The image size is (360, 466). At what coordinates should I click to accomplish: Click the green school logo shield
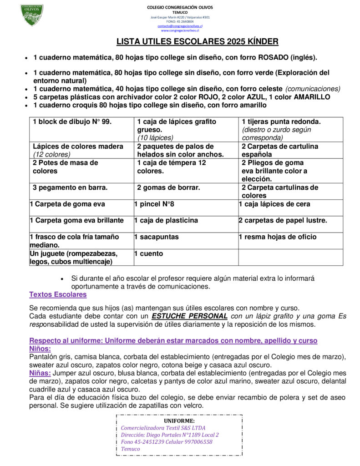pyautogui.click(x=32, y=15)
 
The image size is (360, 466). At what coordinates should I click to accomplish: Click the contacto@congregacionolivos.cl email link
pyautogui.click(x=180, y=26)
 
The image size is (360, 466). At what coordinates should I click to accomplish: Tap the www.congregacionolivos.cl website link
pyautogui.click(x=180, y=30)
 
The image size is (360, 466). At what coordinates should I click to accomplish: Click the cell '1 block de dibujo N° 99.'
pyautogui.click(x=72, y=122)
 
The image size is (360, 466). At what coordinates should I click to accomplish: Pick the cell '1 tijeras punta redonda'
pyautogui.click(x=281, y=122)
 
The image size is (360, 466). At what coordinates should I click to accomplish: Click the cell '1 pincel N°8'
pyautogui.click(x=154, y=204)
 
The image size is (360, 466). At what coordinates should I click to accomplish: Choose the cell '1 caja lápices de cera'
pyautogui.click(x=274, y=204)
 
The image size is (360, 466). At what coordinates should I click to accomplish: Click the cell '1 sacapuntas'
pyautogui.click(x=157, y=237)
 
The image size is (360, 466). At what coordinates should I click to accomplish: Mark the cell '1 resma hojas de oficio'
pyautogui.click(x=278, y=237)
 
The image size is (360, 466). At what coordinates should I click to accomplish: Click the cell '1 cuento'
pyautogui.click(x=148, y=253)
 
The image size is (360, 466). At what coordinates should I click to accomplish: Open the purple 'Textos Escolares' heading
pyautogui.click(x=58, y=294)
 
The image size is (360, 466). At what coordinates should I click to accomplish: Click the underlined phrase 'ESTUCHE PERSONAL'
pyautogui.click(x=190, y=316)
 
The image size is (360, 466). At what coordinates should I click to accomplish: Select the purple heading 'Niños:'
pyautogui.click(x=40, y=348)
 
